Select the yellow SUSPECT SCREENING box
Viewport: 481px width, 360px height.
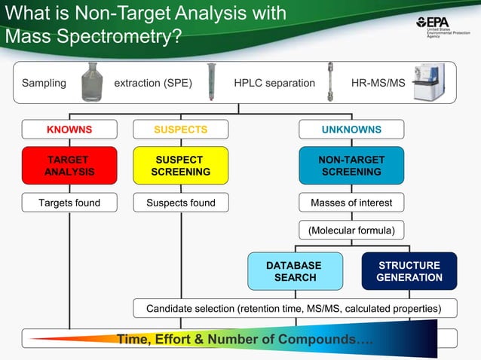click(x=180, y=166)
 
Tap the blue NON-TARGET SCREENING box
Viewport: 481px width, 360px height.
click(x=351, y=166)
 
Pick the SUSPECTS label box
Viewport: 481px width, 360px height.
click(x=180, y=130)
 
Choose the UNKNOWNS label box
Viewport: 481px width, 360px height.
click(x=351, y=130)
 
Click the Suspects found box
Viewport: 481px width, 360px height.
click(x=180, y=203)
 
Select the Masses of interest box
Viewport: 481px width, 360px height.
click(x=351, y=203)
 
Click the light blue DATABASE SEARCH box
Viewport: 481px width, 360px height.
click(x=294, y=271)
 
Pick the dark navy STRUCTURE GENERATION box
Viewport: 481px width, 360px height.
click(x=409, y=271)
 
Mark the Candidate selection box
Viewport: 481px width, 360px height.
click(x=295, y=308)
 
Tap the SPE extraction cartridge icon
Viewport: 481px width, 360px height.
click(x=212, y=81)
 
